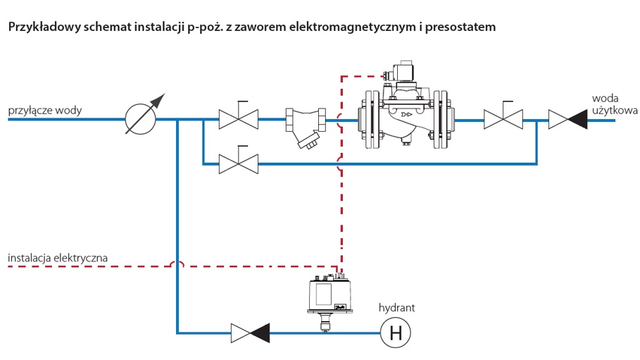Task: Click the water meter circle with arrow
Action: point(140,119)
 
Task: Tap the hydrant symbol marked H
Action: point(395,333)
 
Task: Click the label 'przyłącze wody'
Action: point(45,111)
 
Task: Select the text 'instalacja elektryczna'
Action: point(58,259)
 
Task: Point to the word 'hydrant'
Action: point(396,308)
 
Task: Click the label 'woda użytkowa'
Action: point(614,104)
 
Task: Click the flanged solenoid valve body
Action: point(406,118)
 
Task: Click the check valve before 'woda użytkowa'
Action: point(567,119)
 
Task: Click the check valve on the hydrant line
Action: point(250,333)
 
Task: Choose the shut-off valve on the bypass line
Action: point(239,162)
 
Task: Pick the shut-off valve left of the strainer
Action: point(239,117)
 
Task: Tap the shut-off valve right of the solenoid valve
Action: point(503,117)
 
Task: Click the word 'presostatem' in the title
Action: point(460,27)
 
